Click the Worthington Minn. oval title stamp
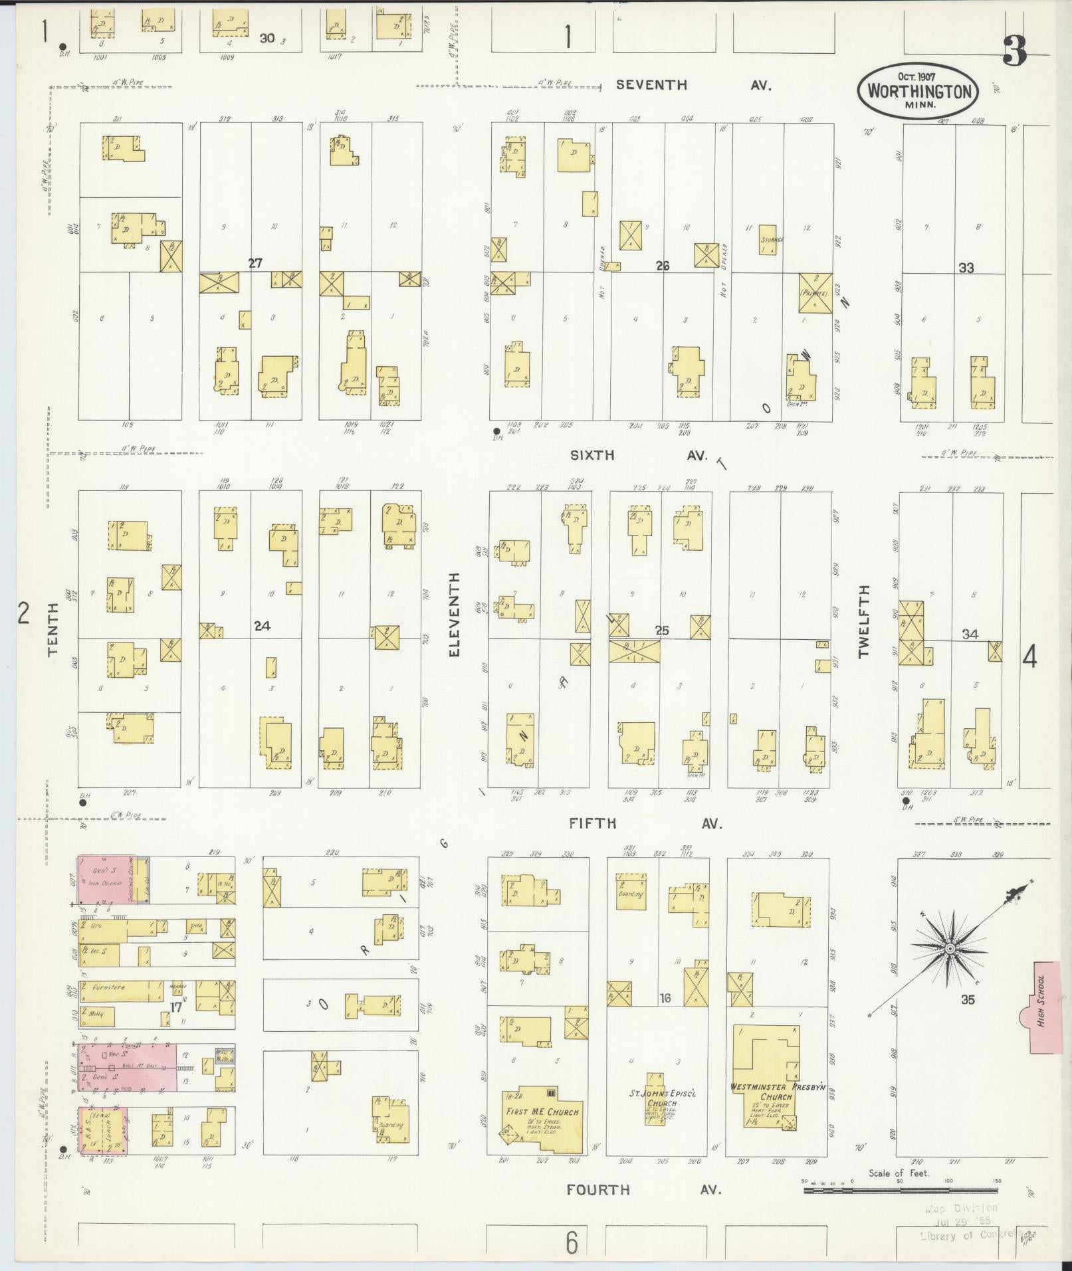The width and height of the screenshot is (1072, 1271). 918,92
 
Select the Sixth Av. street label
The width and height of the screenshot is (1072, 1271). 638,456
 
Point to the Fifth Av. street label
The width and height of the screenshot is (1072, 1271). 645,824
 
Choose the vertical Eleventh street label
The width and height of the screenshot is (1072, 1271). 455,615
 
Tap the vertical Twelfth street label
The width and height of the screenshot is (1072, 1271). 863,621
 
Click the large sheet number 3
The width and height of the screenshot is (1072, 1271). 1015,50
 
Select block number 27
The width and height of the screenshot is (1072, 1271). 255,263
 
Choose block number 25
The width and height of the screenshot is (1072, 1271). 662,631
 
